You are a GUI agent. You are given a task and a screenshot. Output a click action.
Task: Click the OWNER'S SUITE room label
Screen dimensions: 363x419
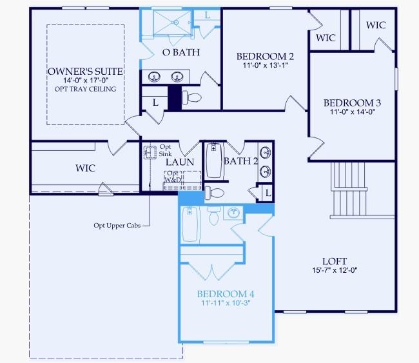(x=85, y=71)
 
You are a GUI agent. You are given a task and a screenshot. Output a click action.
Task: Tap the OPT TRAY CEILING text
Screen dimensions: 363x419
(x=85, y=89)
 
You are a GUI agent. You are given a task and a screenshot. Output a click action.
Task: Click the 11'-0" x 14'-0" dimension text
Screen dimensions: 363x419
(x=353, y=112)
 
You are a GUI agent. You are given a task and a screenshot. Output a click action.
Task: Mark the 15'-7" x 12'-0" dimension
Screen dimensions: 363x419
(x=335, y=270)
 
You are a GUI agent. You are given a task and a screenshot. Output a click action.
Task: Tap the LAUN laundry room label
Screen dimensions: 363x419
(x=180, y=163)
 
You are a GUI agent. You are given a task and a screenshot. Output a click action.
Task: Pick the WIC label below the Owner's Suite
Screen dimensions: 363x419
(x=85, y=168)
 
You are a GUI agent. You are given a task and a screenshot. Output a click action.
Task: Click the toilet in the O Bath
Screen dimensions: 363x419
(x=192, y=97)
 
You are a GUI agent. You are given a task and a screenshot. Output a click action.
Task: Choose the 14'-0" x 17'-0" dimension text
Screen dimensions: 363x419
(x=85, y=81)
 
